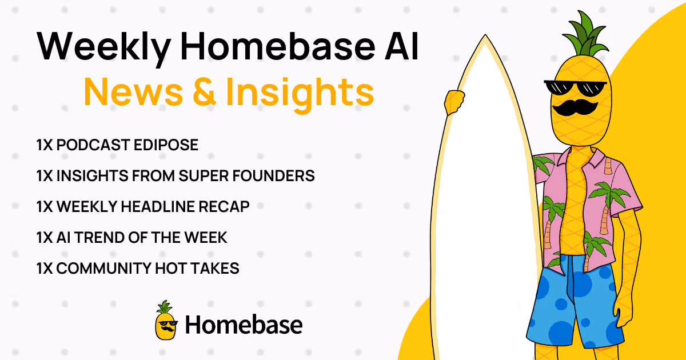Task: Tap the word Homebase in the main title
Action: tap(277, 46)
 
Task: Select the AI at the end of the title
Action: tap(402, 46)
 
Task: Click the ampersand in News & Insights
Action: tap(205, 92)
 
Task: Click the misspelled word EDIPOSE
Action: tap(166, 145)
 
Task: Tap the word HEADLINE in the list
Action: tap(158, 207)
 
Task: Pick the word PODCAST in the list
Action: tap(93, 145)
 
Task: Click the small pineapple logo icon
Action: tap(166, 320)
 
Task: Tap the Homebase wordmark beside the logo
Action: tap(244, 325)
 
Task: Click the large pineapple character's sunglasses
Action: tap(575, 88)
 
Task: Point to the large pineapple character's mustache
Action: tap(575, 108)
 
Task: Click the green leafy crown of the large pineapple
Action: tap(584, 35)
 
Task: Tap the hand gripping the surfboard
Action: tap(454, 102)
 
